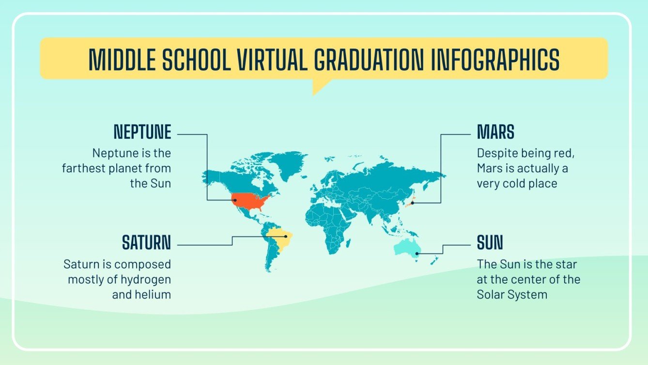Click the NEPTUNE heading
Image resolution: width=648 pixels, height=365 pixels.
(142, 132)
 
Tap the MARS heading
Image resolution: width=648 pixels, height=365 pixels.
(495, 132)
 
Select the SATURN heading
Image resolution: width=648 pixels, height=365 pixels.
(146, 243)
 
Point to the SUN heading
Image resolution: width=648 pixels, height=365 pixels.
(490, 243)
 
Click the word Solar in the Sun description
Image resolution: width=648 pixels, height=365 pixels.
(492, 294)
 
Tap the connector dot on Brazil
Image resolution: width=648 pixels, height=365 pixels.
(286, 237)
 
